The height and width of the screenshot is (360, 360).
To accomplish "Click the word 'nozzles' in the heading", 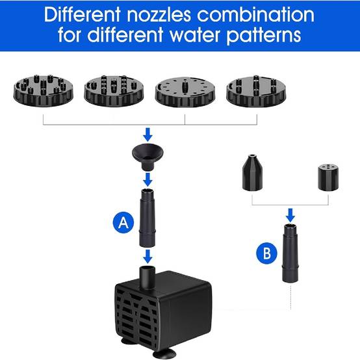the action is point(159,15).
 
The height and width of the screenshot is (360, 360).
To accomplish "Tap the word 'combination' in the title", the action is point(255,15).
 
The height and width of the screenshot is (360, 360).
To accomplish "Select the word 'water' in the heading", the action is point(196,35).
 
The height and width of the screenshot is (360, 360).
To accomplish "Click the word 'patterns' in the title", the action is point(264,36).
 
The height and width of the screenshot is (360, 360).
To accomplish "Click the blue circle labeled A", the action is point(123,222).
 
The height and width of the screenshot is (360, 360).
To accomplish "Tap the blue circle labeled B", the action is point(266,253).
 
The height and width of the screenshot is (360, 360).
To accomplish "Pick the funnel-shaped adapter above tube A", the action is point(148,157).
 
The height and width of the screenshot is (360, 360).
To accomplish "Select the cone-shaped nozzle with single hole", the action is point(252,172).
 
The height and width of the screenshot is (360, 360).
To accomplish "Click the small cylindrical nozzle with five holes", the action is point(328,177).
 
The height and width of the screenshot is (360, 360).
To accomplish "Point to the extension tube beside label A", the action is point(148,218).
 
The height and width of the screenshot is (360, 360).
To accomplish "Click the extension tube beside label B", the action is point(290,253).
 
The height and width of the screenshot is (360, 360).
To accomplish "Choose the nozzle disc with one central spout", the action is point(185,92).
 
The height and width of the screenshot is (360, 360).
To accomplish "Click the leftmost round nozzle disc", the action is point(43,90).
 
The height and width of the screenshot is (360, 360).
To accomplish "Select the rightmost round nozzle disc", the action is point(256,91).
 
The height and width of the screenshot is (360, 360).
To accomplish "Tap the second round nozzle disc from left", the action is point(114,91).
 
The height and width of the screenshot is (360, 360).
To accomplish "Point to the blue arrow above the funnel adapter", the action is point(148,135).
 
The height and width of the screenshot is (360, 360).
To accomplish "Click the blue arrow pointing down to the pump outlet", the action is point(148,257).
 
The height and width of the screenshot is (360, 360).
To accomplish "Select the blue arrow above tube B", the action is point(290,215).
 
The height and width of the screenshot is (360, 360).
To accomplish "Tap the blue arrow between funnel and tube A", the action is point(148,179).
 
